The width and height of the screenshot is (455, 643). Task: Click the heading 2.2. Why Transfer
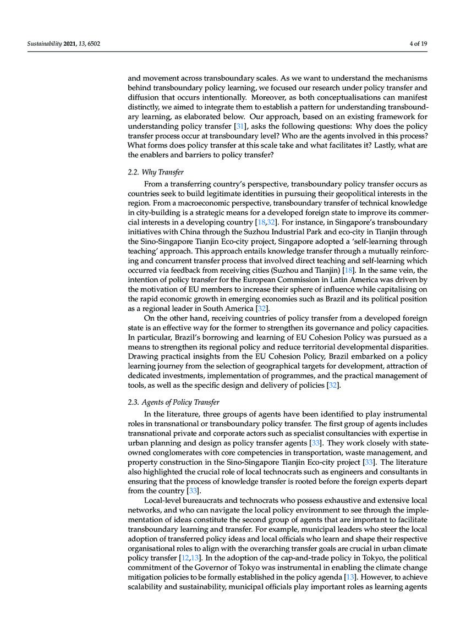click(x=156, y=172)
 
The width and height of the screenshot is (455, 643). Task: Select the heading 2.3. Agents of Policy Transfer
click(x=173, y=402)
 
